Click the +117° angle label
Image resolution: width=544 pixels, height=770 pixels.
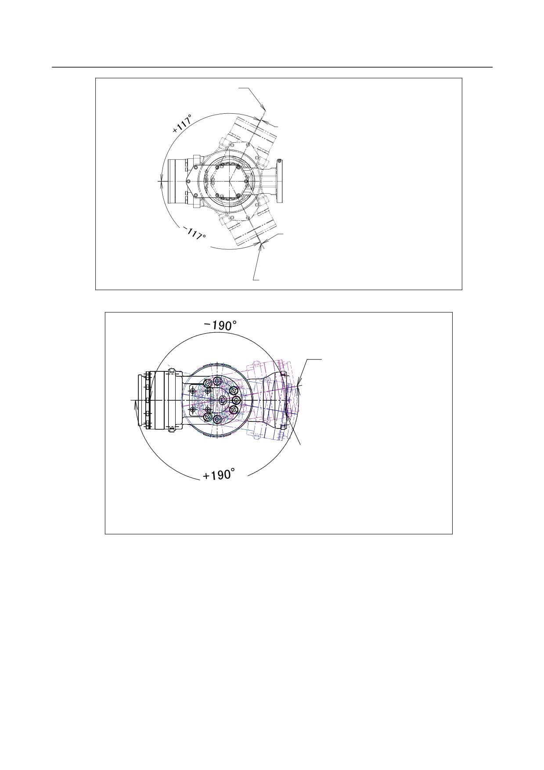click(x=182, y=124)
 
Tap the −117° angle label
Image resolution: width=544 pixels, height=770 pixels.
click(x=195, y=233)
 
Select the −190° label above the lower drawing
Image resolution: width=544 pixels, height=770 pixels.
click(x=220, y=326)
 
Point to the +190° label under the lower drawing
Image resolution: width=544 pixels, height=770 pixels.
click(x=219, y=475)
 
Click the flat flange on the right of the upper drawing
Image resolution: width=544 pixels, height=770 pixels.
click(x=279, y=180)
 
